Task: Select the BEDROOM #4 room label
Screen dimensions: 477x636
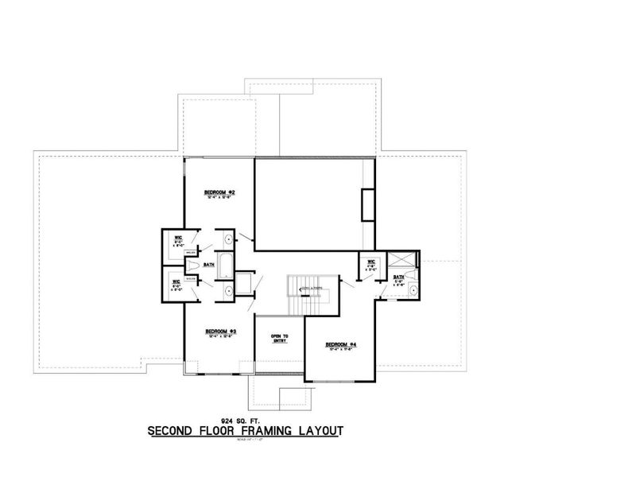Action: coord(339,344)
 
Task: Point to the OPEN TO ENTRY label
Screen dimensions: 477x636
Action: coord(279,339)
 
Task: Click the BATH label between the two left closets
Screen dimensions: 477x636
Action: coord(209,265)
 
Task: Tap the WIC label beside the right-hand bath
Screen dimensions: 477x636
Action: coord(370,262)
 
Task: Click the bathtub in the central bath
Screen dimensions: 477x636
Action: coord(224,264)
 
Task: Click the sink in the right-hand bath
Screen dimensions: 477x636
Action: coord(413,291)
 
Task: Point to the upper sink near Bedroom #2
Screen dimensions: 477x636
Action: coord(228,238)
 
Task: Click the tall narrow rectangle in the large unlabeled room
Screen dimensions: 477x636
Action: coord(368,205)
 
